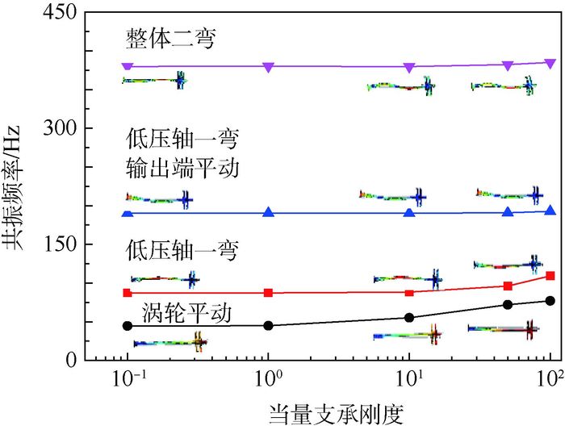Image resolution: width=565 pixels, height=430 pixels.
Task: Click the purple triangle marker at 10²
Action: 550,63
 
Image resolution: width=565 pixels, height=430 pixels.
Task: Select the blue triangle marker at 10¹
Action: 409,214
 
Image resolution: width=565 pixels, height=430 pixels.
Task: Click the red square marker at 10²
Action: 550,276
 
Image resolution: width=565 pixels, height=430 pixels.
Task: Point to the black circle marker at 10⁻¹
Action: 127,326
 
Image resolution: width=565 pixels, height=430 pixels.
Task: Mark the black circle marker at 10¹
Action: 409,318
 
